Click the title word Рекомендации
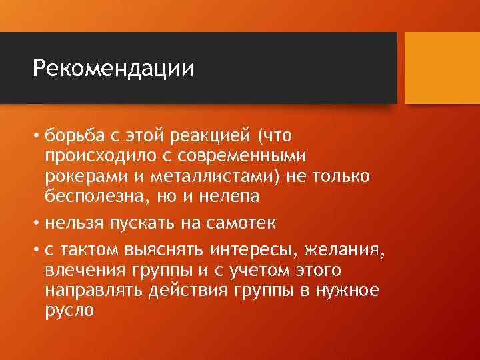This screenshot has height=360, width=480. point(113,69)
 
